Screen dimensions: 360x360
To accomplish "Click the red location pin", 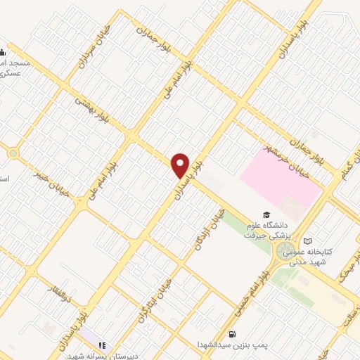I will click(x=181, y=165).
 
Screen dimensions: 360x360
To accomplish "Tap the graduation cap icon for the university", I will click(x=266, y=214).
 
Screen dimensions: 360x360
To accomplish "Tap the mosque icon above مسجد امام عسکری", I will click(x=2, y=51).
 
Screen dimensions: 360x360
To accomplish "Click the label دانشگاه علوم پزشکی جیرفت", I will click(x=266, y=230).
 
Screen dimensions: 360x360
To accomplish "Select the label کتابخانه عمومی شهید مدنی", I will click(x=309, y=256).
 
